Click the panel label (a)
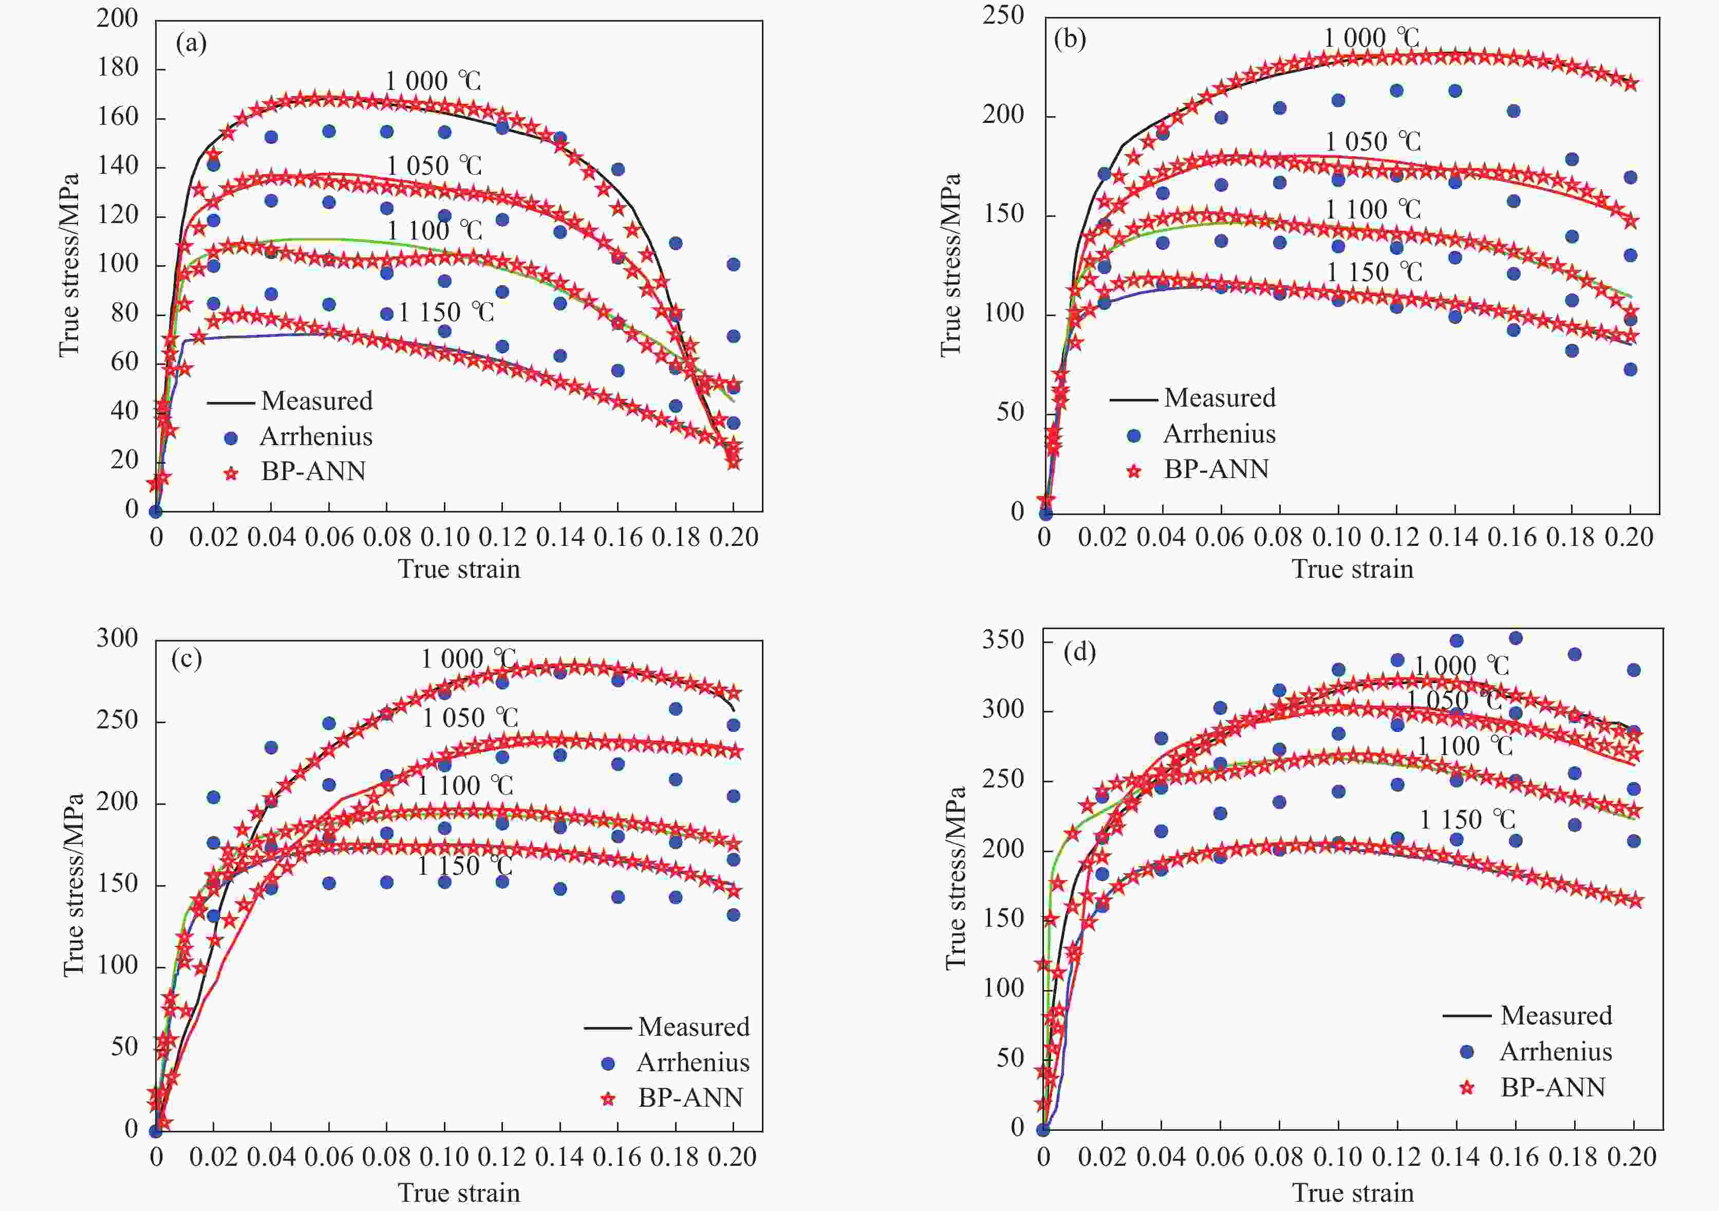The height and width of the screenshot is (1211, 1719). pos(191,44)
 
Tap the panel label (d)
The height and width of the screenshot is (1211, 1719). pos(1079,652)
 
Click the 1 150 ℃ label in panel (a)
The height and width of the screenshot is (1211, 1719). pos(446,311)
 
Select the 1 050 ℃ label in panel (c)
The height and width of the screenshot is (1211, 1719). pos(470,718)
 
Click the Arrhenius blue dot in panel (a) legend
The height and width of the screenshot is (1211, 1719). pos(231,438)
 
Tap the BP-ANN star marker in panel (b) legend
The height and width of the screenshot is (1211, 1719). pos(1134,471)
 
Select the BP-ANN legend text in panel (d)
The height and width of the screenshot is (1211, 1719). pos(1553,1087)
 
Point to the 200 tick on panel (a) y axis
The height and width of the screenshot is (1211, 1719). pos(118,18)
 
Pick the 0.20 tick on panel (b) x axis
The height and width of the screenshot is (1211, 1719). pos(1629,537)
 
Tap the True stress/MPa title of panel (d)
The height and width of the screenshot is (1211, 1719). pos(956,877)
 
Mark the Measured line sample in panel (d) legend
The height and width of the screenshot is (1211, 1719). pos(1466,1016)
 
